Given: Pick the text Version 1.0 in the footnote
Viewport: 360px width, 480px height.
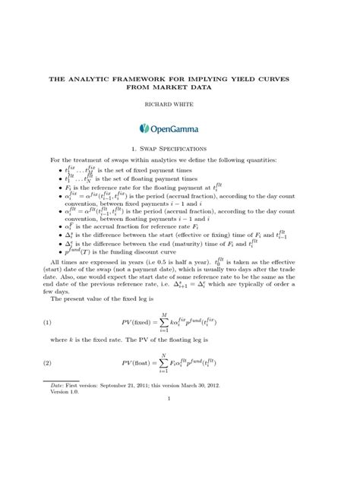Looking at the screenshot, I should click(63, 445).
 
